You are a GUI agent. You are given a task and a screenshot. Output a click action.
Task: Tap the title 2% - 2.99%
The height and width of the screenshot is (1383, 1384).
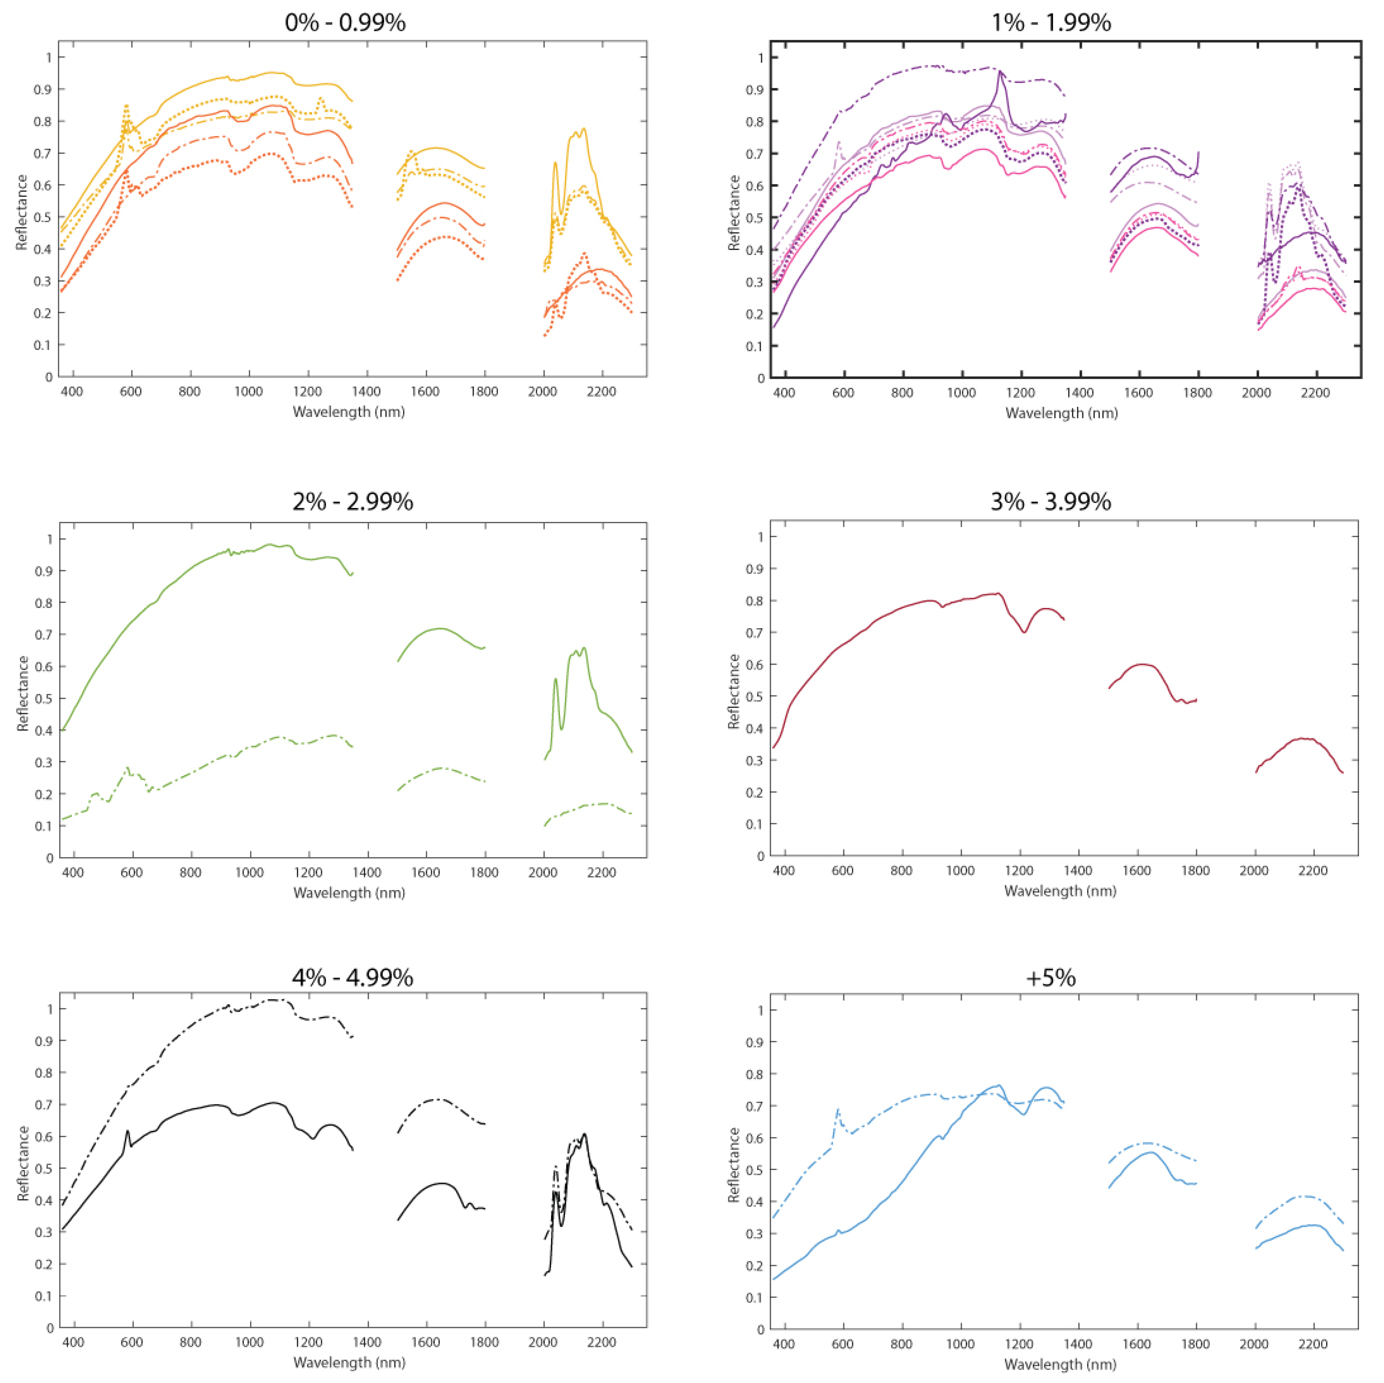coord(352,502)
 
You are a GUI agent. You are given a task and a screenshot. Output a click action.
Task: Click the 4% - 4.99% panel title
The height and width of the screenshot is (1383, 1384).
coord(352,977)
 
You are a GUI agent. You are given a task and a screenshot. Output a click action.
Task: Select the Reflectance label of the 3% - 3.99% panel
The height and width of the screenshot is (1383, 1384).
coord(733,692)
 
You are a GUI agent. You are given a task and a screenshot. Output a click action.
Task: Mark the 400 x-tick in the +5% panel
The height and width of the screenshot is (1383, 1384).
coord(784,1344)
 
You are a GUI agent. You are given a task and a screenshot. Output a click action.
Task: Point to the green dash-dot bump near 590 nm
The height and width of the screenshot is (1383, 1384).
coord(128,768)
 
